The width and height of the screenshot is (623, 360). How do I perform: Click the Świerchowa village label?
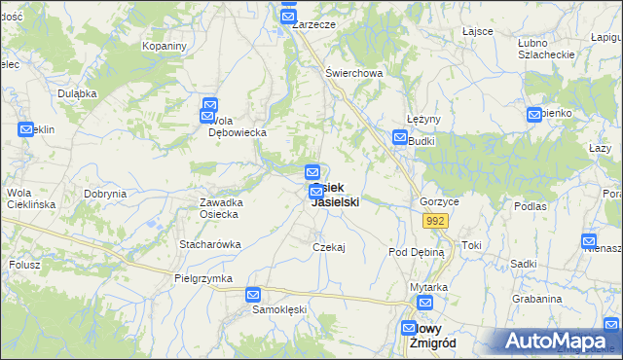tap(354, 73)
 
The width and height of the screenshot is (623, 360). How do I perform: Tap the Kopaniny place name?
tap(164, 46)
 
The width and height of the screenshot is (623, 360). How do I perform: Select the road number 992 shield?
tap(435, 222)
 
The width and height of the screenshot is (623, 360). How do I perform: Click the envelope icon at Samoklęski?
tap(253, 294)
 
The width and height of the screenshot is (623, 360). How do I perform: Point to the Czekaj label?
tap(329, 247)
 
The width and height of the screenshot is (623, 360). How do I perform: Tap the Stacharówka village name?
tap(209, 244)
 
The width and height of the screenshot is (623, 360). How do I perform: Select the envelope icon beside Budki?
tap(400, 138)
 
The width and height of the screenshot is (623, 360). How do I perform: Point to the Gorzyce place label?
tap(439, 201)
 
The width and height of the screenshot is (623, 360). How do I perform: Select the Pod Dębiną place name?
tap(416, 251)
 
